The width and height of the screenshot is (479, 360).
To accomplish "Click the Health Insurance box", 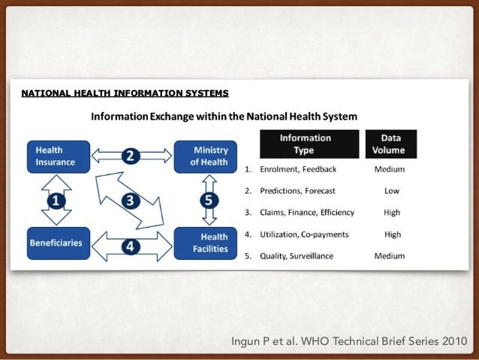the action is [59, 157].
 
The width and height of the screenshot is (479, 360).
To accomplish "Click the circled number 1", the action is [55, 201].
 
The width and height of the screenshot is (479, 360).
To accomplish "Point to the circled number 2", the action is [130, 156].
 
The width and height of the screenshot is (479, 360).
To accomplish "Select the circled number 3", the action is [130, 200].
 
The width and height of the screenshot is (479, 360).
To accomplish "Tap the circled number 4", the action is [130, 246].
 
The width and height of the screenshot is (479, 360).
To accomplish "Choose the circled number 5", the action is [209, 201].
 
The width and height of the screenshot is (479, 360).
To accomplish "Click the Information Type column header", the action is [306, 144].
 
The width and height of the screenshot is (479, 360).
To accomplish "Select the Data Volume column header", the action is [391, 144].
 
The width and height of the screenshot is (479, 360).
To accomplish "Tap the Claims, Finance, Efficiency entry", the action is [307, 213].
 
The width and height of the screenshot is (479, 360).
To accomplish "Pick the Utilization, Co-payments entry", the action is [304, 234].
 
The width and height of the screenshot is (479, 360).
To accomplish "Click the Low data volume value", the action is [391, 191].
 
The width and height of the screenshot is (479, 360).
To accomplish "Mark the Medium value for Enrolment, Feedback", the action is [390, 169].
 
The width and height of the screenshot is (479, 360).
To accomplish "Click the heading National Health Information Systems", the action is [125, 94].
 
